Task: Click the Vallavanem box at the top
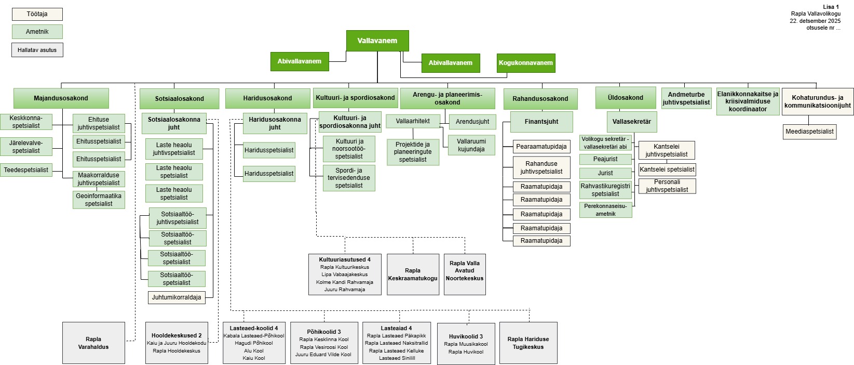coord(377,41)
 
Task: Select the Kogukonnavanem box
coord(526,63)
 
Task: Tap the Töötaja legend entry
coord(37,14)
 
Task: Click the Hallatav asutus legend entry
coord(37,50)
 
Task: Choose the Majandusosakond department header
coord(61,98)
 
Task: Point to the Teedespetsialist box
coord(26,170)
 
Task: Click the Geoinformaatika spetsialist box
coord(99,200)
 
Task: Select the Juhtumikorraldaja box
coord(177,297)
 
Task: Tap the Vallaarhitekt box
coord(413,121)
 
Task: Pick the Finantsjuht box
coord(541,122)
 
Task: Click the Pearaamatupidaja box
coord(541,147)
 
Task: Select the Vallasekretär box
coord(631,122)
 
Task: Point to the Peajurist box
coord(605,159)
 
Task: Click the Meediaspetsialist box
coord(809,132)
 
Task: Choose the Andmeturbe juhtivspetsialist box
coord(686,98)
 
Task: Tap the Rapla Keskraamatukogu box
coord(413,275)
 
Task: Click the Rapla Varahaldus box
coord(93,343)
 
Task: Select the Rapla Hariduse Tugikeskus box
coord(528,343)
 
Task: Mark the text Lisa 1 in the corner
coord(831,7)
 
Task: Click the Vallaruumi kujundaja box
coord(471,145)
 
